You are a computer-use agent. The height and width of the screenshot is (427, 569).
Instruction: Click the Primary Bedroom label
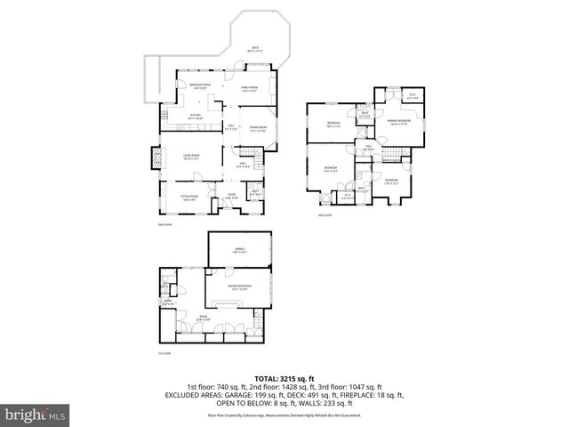pyautogui.click(x=399, y=122)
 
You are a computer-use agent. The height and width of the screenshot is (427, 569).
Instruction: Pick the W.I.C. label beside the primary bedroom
pyautogui.click(x=413, y=96)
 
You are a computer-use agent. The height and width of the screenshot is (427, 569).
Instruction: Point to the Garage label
pyautogui.click(x=239, y=249)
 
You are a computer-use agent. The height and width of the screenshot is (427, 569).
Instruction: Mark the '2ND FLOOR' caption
pyautogui.click(x=162, y=224)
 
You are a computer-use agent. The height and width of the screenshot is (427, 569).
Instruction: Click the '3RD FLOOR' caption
pyautogui.click(x=325, y=215)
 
